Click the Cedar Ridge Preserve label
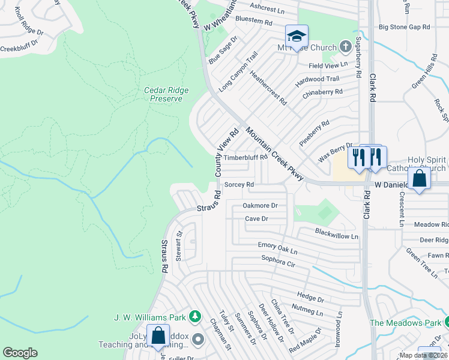tap(166, 94)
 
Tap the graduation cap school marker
tap(297, 37)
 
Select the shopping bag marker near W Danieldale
tap(420, 178)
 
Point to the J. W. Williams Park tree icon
tap(194, 316)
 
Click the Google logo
tap(20, 353)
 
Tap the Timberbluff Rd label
tap(245, 157)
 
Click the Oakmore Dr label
tap(260, 205)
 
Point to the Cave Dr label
tap(256, 219)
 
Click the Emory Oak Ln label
tap(278, 245)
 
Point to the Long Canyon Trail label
tap(238, 71)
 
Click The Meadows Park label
tap(404, 323)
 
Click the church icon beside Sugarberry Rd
tap(345, 46)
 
